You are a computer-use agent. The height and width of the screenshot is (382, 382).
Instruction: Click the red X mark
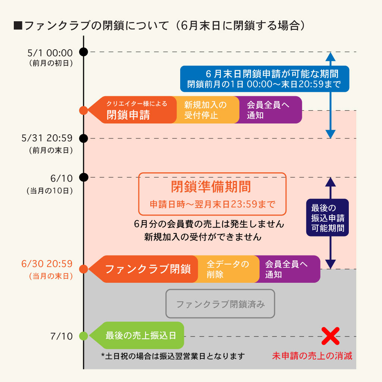(x=330, y=336)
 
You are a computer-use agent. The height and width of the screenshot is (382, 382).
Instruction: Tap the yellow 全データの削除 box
(x=228, y=269)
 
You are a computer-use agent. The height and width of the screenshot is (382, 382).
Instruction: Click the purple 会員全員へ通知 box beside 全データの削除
(x=289, y=269)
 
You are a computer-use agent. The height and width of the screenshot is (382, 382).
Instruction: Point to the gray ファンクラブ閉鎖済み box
(x=220, y=304)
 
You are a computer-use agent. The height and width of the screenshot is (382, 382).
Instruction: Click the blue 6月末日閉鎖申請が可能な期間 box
(x=264, y=79)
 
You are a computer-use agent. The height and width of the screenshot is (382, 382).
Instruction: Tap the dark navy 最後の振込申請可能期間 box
(x=328, y=217)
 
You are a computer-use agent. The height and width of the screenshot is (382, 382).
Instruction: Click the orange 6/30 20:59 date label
(x=47, y=264)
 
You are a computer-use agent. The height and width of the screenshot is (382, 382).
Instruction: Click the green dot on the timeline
(x=84, y=336)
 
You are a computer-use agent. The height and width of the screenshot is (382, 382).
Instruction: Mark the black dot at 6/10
(x=84, y=177)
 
